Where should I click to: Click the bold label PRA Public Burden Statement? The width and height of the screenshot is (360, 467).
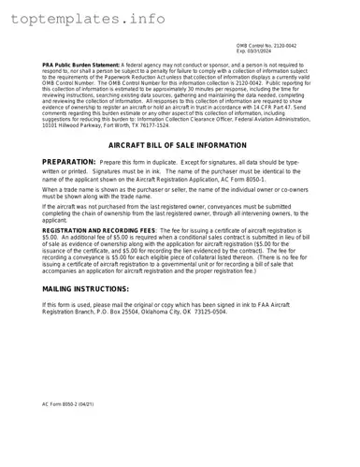click(x=80, y=65)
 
